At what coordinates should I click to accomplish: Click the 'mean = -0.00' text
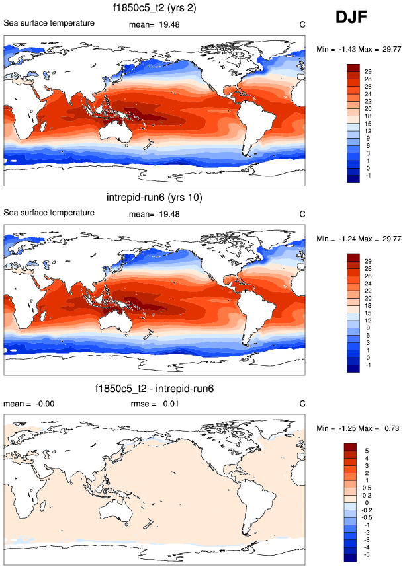pyautogui.click(x=22, y=404)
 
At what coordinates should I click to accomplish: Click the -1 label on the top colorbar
pyautogui.click(x=368, y=176)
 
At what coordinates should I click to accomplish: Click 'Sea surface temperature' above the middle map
pyautogui.click(x=49, y=213)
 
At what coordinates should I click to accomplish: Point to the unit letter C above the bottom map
pyautogui.click(x=302, y=404)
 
